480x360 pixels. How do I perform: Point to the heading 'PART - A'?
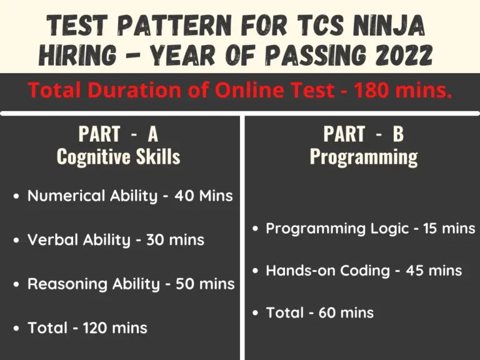[118, 134]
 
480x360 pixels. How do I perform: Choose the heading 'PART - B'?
[363, 134]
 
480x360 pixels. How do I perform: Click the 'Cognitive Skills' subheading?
[118, 156]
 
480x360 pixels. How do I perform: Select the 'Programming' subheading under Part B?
[363, 156]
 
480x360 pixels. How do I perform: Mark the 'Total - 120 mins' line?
[87, 327]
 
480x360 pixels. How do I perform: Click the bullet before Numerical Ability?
[16, 196]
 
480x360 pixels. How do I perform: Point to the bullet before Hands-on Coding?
[255, 271]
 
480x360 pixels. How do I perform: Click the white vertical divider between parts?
[242, 237]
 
